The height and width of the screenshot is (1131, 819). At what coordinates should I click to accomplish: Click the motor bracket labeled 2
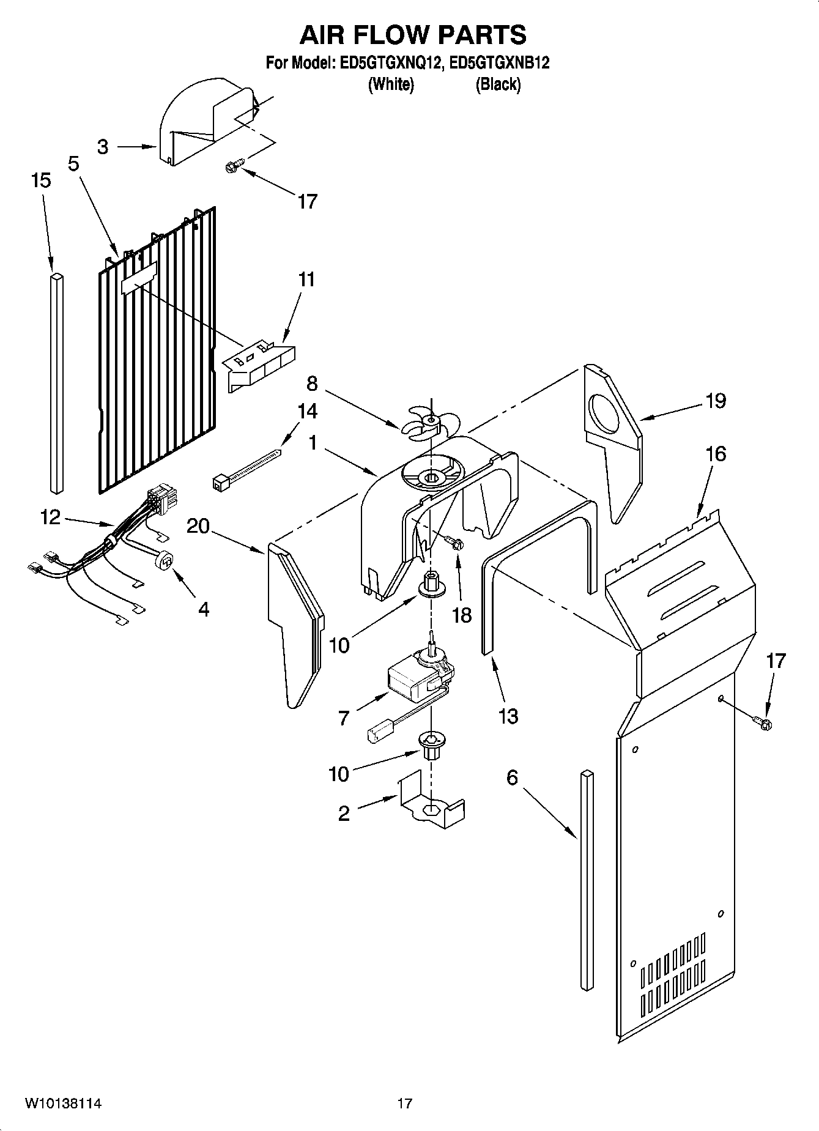coord(431,802)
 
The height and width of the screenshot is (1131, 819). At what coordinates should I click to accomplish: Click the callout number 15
coord(41,181)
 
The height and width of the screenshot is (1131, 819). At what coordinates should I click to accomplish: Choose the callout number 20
coord(198,526)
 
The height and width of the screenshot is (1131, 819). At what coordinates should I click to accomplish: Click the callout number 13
coord(508,716)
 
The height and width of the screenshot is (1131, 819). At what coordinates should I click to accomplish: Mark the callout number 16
coord(716,454)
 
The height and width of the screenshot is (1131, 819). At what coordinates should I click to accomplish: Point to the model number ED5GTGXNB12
coord(499,64)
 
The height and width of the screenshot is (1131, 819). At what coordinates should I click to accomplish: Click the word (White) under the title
coord(390,84)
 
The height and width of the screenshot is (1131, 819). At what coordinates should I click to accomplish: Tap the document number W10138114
coord(63,1103)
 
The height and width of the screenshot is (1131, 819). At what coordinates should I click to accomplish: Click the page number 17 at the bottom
coord(404,1103)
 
